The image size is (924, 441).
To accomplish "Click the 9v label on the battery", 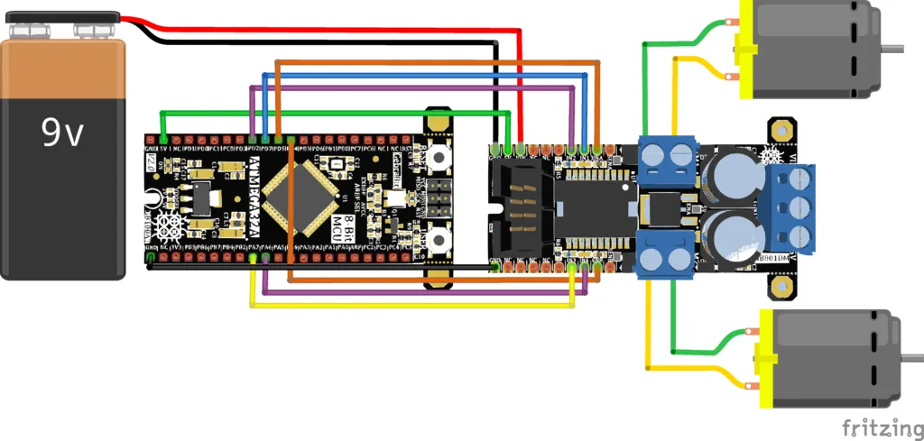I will (x=62, y=133).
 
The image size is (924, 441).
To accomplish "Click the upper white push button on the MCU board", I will (x=439, y=158).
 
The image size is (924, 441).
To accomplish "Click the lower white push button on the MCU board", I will (x=439, y=240).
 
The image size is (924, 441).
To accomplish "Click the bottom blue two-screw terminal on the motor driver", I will (x=668, y=254).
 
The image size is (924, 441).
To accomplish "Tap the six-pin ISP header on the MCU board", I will (x=439, y=198).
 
